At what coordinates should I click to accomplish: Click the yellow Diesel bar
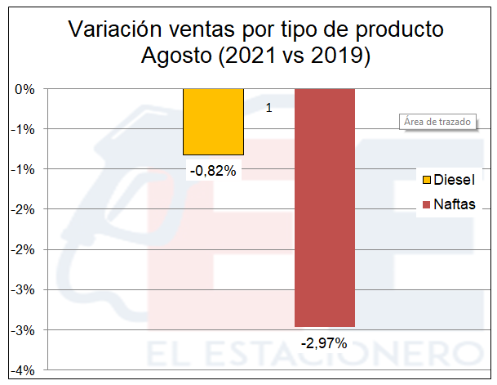[x=213, y=121]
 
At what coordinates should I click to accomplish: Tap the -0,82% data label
[x=213, y=172]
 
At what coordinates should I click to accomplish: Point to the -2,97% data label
[x=324, y=344]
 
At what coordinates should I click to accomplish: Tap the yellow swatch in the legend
[x=425, y=180]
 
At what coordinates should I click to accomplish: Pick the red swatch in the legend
[x=425, y=204]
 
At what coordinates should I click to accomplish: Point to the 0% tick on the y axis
[x=25, y=89]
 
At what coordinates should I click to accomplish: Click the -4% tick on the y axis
[x=24, y=370]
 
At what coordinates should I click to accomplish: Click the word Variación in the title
[x=113, y=30]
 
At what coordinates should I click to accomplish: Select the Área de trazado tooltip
[x=437, y=122]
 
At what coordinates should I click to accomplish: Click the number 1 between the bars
[x=269, y=107]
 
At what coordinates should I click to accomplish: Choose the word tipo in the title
[x=295, y=30]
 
